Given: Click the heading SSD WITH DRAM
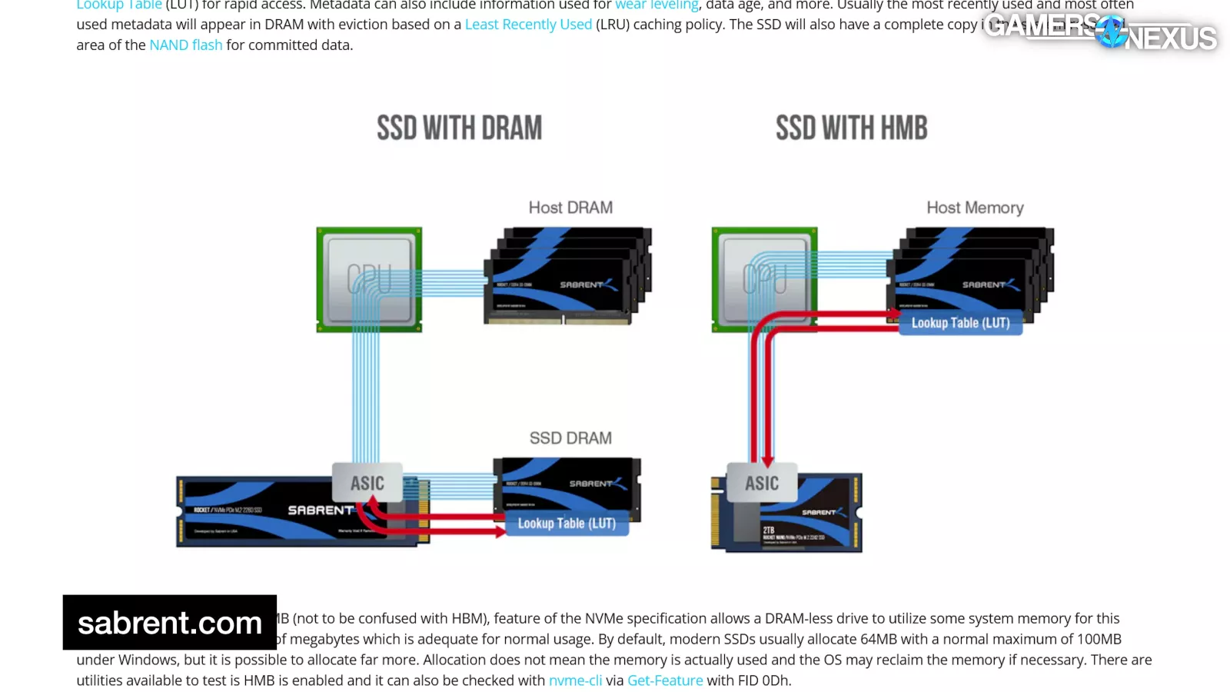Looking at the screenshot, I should (x=459, y=128).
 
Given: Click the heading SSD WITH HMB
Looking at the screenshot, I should (x=851, y=128).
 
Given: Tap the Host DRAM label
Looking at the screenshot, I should (x=570, y=208).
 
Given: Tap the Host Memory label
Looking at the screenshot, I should (x=975, y=208).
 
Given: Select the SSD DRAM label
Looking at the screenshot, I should (x=570, y=438).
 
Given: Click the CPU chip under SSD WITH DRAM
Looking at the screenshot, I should (x=369, y=280).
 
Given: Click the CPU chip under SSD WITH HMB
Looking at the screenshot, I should (x=764, y=280).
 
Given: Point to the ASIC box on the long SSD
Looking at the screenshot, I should (x=367, y=483).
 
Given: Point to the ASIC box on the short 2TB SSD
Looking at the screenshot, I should (x=762, y=483).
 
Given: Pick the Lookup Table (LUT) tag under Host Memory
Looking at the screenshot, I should (x=960, y=323).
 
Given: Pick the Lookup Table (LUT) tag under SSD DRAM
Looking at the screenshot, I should (x=567, y=524).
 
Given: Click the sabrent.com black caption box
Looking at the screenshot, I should (x=170, y=622).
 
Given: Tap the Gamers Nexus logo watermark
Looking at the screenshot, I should (x=1100, y=31).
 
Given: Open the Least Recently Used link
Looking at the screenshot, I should (x=528, y=25).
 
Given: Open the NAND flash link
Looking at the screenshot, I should (x=185, y=45).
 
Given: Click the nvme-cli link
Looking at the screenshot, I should (x=575, y=680).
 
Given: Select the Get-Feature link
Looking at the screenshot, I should (x=665, y=680).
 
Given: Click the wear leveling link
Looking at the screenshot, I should (x=657, y=5).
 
